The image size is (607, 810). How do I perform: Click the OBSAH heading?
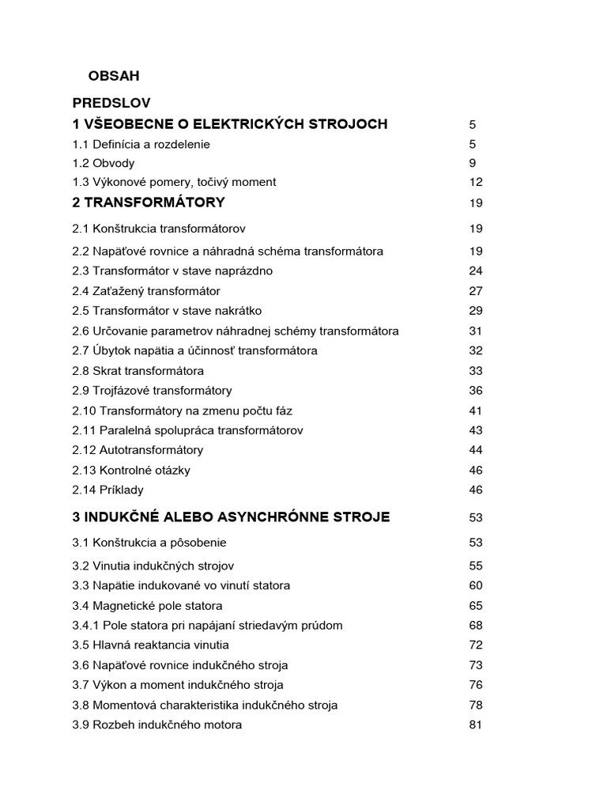pos(113,76)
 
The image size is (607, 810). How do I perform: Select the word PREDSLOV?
pos(111,103)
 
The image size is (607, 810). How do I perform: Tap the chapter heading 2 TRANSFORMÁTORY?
pos(149,202)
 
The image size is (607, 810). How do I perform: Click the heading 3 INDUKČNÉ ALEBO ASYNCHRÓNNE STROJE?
pos(231,517)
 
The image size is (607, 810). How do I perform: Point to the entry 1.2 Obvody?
pos(104,163)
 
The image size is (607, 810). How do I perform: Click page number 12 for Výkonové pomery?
pos(475,182)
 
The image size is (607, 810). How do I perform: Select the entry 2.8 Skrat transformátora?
pos(138,371)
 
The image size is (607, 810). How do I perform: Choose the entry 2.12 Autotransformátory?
pos(138,450)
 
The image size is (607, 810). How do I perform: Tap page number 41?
pos(475,411)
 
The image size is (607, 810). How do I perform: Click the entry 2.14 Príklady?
pos(107,490)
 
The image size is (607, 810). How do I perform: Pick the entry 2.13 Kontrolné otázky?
pos(131,470)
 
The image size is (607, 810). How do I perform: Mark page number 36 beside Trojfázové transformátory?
pos(475,391)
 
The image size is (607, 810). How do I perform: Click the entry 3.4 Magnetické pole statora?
pos(147,606)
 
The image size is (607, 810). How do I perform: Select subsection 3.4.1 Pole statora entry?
pos(207,626)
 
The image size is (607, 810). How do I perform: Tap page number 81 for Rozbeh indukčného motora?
pos(475,725)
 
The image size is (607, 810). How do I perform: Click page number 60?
pos(475,586)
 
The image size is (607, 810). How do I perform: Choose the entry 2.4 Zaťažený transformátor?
pos(146,291)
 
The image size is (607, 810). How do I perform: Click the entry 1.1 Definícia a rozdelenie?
pos(141,144)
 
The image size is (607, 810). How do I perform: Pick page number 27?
pos(475,291)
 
